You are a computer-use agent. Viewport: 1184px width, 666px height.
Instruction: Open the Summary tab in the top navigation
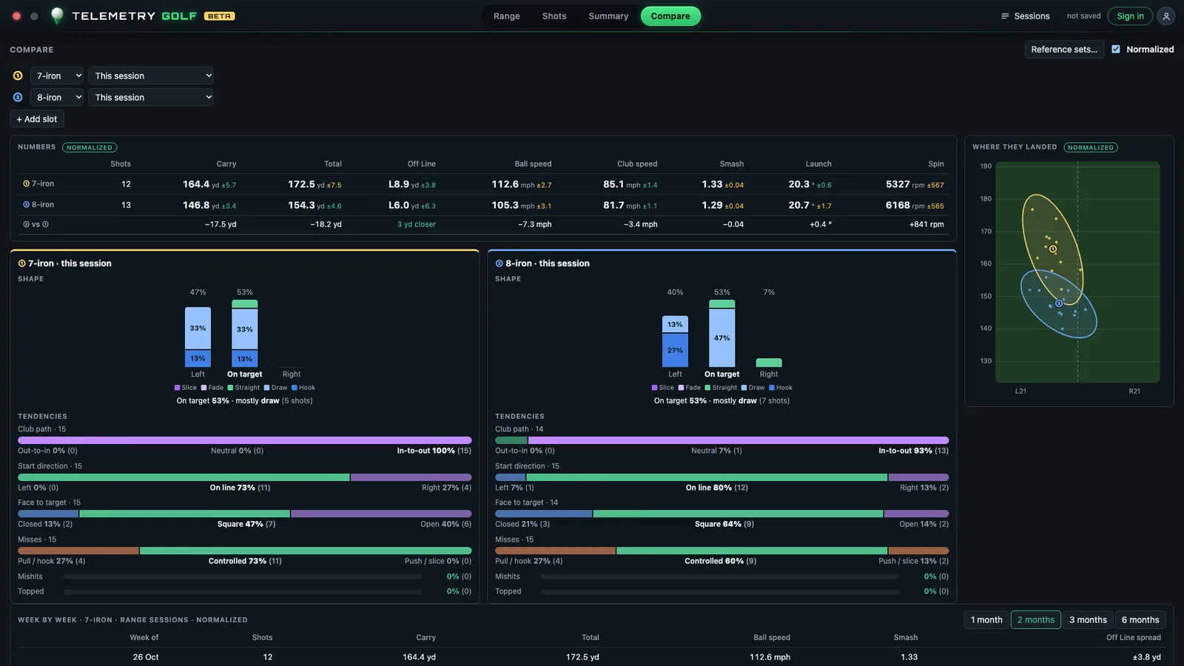tap(608, 16)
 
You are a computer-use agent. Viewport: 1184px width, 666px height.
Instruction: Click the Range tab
tap(506, 16)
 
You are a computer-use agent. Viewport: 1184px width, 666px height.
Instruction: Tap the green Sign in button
tap(1130, 16)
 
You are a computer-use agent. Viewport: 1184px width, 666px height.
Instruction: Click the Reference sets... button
tap(1064, 49)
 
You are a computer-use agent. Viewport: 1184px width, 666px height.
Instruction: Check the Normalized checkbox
tap(1116, 49)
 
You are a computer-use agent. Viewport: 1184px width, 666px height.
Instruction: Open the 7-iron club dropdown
tap(56, 75)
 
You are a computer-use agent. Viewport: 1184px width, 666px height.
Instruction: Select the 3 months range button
tap(1088, 619)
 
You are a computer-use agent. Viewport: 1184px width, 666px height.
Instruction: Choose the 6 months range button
tap(1140, 619)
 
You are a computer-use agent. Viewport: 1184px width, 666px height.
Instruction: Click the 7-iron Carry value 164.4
tap(196, 184)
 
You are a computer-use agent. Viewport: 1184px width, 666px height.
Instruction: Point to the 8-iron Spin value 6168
tap(898, 205)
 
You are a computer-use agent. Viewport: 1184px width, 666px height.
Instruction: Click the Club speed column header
tap(637, 164)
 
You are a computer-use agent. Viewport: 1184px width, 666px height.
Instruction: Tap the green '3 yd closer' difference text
tap(417, 224)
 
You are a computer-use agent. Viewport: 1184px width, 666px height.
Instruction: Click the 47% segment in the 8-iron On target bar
tap(722, 337)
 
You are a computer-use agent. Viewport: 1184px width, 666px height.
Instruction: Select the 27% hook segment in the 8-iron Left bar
tap(675, 350)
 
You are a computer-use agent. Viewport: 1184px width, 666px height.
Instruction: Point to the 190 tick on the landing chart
tap(986, 166)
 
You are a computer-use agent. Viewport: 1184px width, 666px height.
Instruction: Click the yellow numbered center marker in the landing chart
tap(1053, 249)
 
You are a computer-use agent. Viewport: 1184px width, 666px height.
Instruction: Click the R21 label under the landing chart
tap(1134, 391)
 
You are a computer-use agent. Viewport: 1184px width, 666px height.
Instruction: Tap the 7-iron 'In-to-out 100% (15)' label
tap(434, 451)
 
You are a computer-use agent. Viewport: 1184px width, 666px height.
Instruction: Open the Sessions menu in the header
tap(1025, 16)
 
